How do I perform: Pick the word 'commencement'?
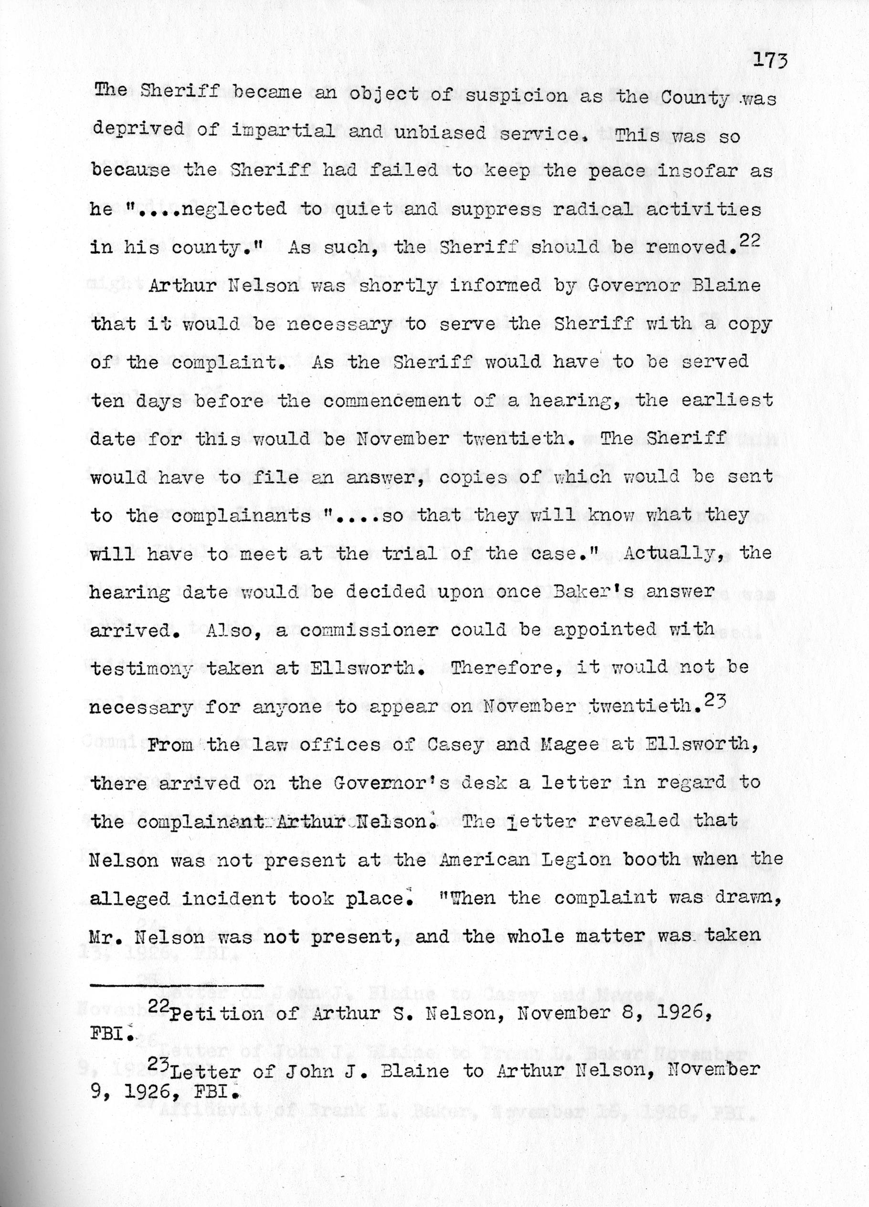(392, 400)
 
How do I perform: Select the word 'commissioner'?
(369, 630)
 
